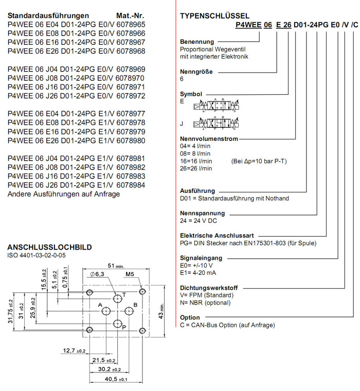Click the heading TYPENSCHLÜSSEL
(214, 15)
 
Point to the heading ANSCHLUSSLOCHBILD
(50, 247)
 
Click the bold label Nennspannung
(203, 212)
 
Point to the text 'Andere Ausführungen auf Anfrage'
(63, 194)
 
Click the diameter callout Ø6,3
(98, 275)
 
